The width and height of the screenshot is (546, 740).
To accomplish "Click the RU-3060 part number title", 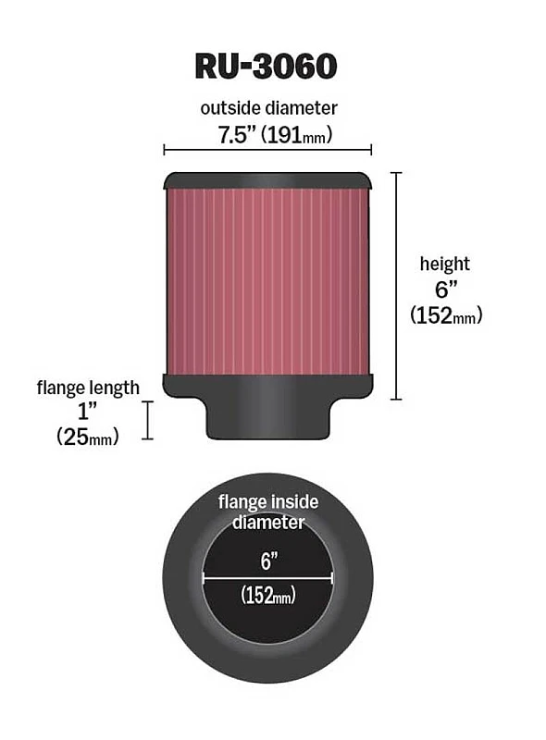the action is point(266,66).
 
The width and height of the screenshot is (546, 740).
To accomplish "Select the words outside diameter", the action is point(268,108).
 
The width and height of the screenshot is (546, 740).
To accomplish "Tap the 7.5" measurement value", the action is point(236,134).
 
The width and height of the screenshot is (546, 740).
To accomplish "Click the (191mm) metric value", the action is point(298,134).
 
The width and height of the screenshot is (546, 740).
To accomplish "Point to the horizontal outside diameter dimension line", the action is point(267,150).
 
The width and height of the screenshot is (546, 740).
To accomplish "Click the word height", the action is point(445,264).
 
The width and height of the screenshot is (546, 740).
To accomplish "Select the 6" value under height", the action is point(446,289).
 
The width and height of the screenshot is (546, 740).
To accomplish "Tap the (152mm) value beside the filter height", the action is point(446,314).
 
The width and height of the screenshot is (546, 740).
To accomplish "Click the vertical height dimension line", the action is point(396,286).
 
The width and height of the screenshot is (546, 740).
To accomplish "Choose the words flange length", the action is point(88,388).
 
